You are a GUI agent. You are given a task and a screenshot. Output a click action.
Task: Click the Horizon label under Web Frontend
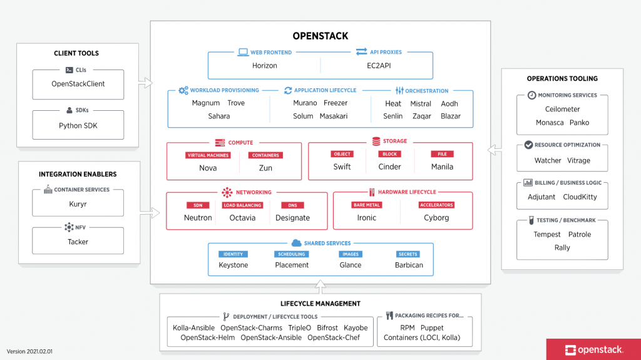tap(264, 65)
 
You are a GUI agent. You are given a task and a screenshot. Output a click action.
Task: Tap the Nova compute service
tap(208, 168)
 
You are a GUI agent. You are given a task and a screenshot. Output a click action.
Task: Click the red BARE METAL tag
tap(367, 205)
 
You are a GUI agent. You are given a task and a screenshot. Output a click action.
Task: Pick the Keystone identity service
tap(233, 265)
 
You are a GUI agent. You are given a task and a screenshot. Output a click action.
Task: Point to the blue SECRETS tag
tap(408, 254)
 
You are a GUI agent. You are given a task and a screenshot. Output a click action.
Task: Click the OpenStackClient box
tap(78, 84)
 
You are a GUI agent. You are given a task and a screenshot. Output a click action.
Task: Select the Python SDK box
tap(78, 125)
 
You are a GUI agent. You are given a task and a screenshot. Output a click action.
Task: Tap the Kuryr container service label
tap(78, 204)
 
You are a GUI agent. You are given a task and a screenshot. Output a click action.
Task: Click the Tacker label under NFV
tap(78, 242)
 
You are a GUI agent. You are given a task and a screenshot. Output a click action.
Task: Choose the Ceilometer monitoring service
tap(562, 109)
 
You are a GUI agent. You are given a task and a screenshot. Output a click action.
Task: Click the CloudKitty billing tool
tap(580, 197)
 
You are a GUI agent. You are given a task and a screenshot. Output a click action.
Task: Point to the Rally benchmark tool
tap(562, 247)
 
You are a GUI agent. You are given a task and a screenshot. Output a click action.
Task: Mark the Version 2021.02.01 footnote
tap(29, 351)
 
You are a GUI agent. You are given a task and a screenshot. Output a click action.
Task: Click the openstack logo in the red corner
tap(593, 350)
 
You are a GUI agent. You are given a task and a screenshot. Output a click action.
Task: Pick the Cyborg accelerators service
tap(436, 218)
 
